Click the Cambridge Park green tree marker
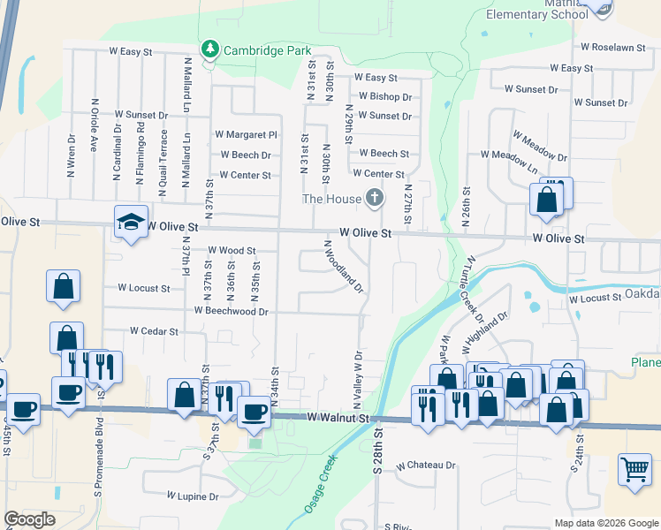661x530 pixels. [x=210, y=48]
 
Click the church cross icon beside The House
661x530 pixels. [x=375, y=198]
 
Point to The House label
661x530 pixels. [x=332, y=199]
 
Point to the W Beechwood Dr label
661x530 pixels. [x=231, y=311]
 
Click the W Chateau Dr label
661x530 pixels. [x=426, y=465]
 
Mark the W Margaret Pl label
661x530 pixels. [x=247, y=135]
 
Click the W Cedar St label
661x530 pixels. [x=154, y=331]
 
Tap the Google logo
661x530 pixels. [x=30, y=519]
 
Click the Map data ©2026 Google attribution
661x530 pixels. [x=606, y=523]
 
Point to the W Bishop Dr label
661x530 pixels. [x=385, y=97]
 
